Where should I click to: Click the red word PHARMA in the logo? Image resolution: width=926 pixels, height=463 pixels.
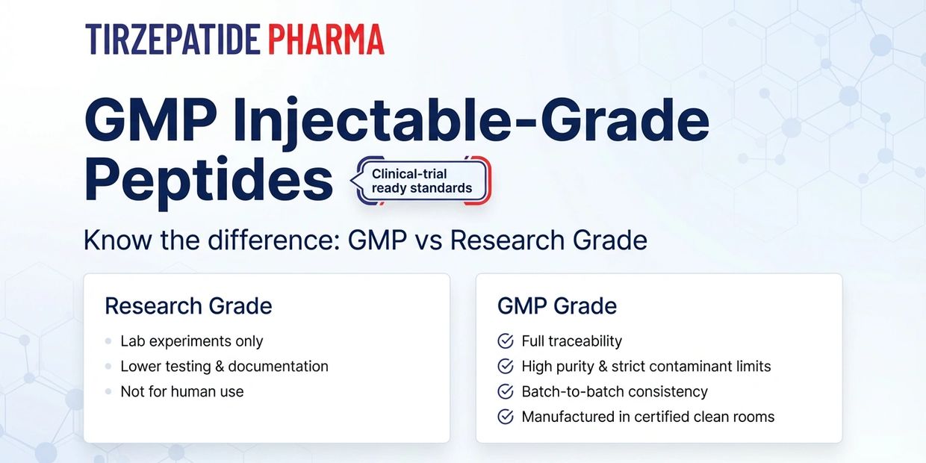click(x=326, y=40)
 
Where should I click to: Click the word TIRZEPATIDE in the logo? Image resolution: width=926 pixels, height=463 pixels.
click(x=173, y=40)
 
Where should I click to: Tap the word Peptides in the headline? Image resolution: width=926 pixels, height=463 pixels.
click(x=208, y=182)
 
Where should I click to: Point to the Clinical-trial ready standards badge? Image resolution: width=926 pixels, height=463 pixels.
click(x=422, y=181)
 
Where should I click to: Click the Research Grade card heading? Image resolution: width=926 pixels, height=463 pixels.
click(x=188, y=306)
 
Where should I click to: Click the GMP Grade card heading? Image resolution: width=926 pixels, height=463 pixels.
click(x=557, y=306)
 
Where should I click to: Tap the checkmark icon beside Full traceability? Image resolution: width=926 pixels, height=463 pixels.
click(x=505, y=341)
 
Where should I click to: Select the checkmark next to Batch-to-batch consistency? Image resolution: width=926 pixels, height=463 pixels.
click(x=505, y=391)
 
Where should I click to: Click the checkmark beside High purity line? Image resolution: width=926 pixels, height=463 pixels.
click(x=505, y=366)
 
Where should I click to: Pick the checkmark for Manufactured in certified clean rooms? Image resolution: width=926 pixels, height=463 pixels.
click(x=505, y=417)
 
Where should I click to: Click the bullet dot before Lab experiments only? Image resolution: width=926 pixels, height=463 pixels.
click(x=108, y=341)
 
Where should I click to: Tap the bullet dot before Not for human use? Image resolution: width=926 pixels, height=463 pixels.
click(x=108, y=391)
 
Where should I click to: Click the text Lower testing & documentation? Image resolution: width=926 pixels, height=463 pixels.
click(x=225, y=366)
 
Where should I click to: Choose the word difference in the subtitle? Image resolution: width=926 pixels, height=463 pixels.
click(x=273, y=240)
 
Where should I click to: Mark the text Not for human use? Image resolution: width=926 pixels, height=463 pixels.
click(x=182, y=391)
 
